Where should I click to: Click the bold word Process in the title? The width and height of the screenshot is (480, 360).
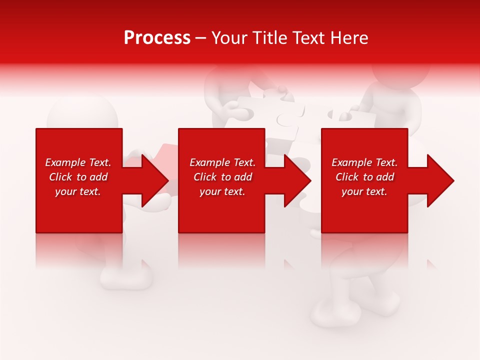[157, 38]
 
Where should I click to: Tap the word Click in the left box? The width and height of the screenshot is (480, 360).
[60, 177]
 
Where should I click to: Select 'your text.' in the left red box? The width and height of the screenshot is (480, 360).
[78, 191]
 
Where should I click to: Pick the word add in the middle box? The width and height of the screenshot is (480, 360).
[243, 177]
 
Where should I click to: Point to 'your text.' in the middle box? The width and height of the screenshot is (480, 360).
[222, 191]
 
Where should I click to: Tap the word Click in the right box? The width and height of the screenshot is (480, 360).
[346, 177]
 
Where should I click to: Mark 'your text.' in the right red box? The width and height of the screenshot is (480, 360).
[364, 191]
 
